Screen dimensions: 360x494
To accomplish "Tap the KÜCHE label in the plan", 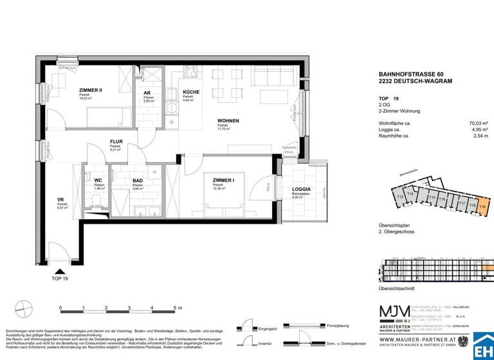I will click(191, 92).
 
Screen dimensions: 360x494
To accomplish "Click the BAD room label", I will click(137, 182).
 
